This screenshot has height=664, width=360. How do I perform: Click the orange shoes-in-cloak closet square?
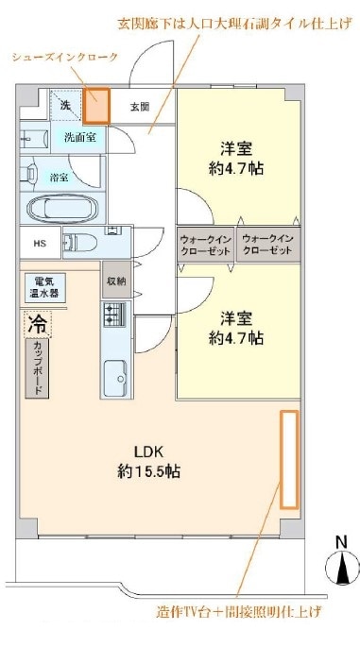click(96, 106)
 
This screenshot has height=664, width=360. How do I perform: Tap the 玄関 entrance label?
click(139, 107)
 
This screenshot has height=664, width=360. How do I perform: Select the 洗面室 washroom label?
click(80, 138)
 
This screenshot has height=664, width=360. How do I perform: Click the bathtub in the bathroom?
click(61, 209)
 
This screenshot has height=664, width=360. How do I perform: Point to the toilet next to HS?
click(80, 243)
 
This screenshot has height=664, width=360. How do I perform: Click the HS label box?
click(41, 243)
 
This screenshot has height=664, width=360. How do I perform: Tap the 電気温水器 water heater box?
click(45, 287)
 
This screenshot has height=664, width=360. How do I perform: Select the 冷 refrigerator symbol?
click(38, 324)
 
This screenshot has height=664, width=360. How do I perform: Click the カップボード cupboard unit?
click(37, 368)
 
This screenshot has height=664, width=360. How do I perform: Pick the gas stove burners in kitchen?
click(114, 315)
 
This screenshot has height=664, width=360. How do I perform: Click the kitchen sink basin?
click(115, 378)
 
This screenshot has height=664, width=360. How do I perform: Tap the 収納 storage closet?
click(116, 281)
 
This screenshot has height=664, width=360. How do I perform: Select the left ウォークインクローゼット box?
click(205, 245)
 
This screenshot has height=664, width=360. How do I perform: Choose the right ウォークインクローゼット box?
click(268, 245)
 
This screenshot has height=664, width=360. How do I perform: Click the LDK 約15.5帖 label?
click(148, 462)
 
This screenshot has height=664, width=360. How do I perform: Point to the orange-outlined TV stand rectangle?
click(290, 459)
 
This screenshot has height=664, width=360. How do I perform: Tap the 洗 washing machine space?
click(65, 105)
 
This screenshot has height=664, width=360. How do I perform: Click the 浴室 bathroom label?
click(59, 178)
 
